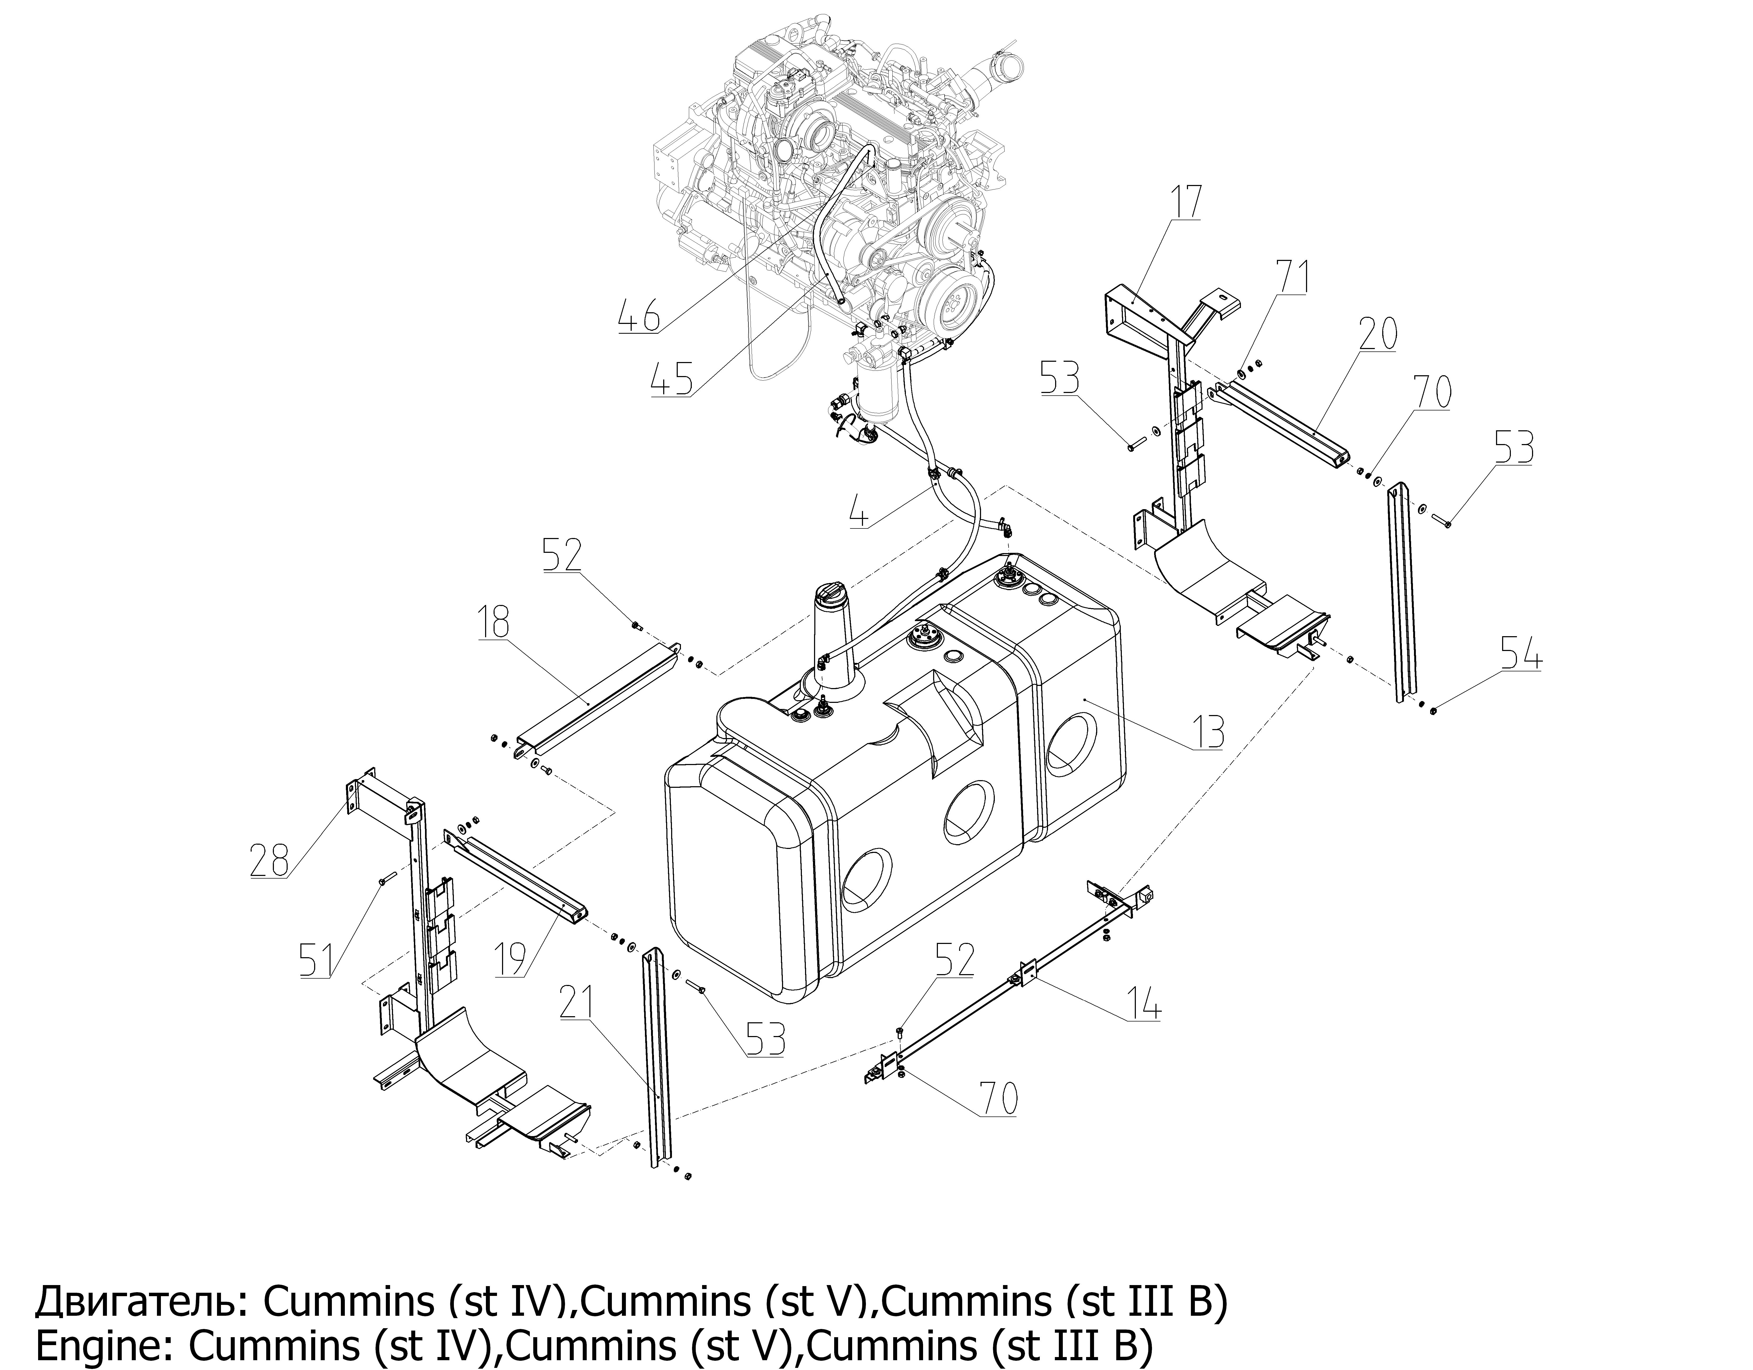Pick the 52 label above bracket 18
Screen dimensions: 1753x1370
click(562, 556)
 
